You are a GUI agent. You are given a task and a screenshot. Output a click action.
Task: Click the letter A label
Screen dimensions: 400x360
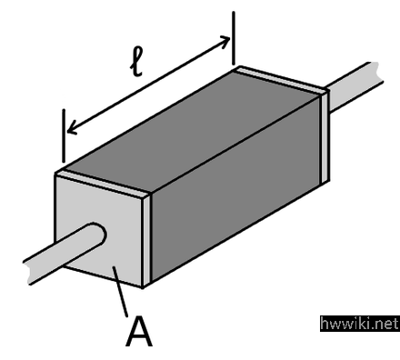click(x=139, y=332)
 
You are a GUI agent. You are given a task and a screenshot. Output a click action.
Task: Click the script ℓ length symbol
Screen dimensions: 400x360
click(x=136, y=63)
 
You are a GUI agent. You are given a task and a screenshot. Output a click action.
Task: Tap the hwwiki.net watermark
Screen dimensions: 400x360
click(x=360, y=324)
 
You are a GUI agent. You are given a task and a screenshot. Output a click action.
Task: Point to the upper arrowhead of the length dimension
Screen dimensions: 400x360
click(x=225, y=41)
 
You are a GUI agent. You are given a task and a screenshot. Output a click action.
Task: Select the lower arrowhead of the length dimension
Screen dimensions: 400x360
click(x=72, y=127)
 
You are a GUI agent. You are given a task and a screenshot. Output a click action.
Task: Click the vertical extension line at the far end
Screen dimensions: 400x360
click(x=234, y=38)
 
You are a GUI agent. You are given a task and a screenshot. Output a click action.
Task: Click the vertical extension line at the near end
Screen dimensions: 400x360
click(x=64, y=135)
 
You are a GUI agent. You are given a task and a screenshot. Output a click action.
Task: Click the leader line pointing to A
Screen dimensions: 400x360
click(x=121, y=291)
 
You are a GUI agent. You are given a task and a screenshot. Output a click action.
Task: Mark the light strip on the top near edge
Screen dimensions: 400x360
click(x=103, y=183)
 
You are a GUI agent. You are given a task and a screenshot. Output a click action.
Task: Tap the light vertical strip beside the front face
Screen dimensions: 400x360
click(x=146, y=240)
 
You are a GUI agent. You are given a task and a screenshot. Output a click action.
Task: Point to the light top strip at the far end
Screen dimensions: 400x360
click(x=280, y=79)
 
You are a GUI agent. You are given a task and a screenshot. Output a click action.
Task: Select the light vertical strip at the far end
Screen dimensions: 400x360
click(x=325, y=137)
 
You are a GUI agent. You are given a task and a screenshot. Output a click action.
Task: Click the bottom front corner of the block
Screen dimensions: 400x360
click(x=143, y=287)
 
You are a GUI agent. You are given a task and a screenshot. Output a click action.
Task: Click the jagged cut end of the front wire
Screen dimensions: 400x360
click(x=27, y=272)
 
